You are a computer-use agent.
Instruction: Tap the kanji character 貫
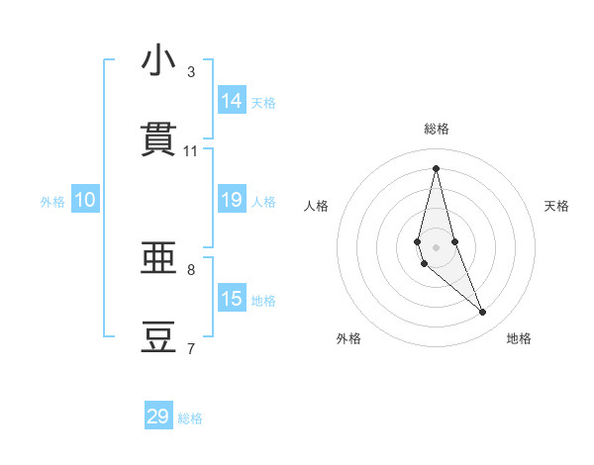(158, 139)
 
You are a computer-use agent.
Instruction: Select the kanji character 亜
(158, 258)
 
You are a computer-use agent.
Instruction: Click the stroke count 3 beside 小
(191, 72)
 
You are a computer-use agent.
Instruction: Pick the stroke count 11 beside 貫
(191, 151)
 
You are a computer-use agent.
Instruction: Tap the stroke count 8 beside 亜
(191, 269)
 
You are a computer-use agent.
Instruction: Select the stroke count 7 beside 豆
(191, 348)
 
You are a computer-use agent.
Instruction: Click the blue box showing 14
(232, 101)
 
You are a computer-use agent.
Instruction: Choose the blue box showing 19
(232, 200)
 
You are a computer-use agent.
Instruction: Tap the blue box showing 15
(232, 299)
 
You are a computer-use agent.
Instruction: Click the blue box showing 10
(85, 200)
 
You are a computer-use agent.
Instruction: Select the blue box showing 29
(158, 417)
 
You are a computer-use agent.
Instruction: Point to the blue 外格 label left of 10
(52, 202)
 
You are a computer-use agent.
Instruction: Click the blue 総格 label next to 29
(190, 418)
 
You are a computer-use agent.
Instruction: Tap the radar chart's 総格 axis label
(437, 129)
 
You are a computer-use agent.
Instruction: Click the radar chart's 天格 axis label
(557, 206)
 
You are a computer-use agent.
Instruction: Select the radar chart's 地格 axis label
(519, 338)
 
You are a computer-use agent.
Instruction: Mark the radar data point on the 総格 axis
(436, 168)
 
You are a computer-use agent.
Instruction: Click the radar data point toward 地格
(483, 313)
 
